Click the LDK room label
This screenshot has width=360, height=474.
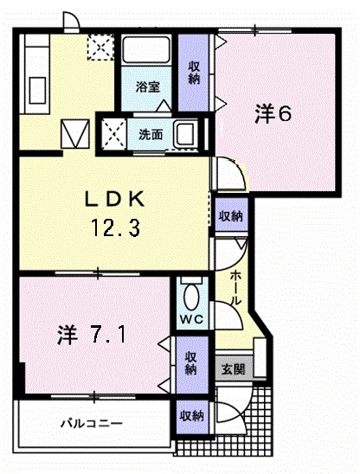(114, 200)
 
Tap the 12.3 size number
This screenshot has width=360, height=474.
(115, 227)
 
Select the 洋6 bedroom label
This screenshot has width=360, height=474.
(273, 113)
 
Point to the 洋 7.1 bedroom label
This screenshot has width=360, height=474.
(92, 335)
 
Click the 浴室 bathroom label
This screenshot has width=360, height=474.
(148, 87)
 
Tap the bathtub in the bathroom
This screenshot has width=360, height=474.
(145, 50)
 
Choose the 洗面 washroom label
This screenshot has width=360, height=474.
(151, 135)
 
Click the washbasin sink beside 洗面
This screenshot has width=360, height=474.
(185, 135)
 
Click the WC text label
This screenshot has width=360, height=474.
(192, 318)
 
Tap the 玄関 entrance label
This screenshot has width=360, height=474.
(233, 369)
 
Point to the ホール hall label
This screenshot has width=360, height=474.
(236, 287)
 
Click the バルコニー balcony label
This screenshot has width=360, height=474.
(92, 423)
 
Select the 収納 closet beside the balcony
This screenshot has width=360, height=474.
(192, 417)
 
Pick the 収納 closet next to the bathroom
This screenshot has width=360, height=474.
(194, 73)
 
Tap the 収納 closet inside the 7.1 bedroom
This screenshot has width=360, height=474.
(191, 363)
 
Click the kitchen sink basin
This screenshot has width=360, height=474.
(37, 90)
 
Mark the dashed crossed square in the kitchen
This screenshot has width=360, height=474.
(100, 47)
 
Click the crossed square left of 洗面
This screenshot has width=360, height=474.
(113, 134)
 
